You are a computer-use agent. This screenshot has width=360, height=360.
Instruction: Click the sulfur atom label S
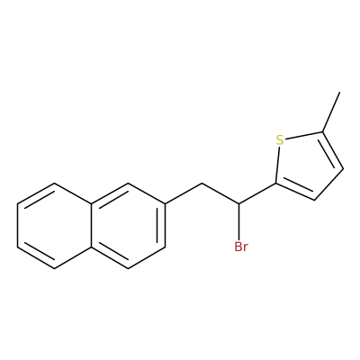280,140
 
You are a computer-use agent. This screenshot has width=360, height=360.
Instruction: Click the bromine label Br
241,247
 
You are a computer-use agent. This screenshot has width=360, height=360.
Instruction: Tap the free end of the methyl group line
340,92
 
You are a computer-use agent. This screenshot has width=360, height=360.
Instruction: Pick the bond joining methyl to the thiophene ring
331,112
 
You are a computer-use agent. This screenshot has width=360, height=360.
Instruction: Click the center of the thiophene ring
305,165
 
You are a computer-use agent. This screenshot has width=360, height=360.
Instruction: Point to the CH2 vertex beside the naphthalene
202,183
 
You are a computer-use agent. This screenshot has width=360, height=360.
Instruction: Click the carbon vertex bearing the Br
239,204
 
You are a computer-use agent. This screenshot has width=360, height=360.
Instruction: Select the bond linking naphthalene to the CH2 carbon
184,193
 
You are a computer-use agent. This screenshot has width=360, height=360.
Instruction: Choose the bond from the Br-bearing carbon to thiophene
257,193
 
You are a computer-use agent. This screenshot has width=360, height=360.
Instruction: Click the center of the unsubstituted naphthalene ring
54,226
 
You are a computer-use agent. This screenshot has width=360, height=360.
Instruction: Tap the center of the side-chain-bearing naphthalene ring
128,226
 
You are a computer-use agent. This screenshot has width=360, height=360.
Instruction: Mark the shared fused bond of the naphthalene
91,226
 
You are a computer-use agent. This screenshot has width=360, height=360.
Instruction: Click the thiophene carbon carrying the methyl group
322,131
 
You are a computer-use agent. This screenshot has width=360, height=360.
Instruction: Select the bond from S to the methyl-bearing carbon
303,136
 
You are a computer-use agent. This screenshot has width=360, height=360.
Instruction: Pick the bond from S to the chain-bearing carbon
277,165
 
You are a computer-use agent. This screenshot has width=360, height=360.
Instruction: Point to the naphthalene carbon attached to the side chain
165,204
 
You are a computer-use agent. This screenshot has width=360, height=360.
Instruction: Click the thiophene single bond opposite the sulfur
328,184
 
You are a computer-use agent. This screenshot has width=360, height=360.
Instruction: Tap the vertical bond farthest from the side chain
17,226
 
